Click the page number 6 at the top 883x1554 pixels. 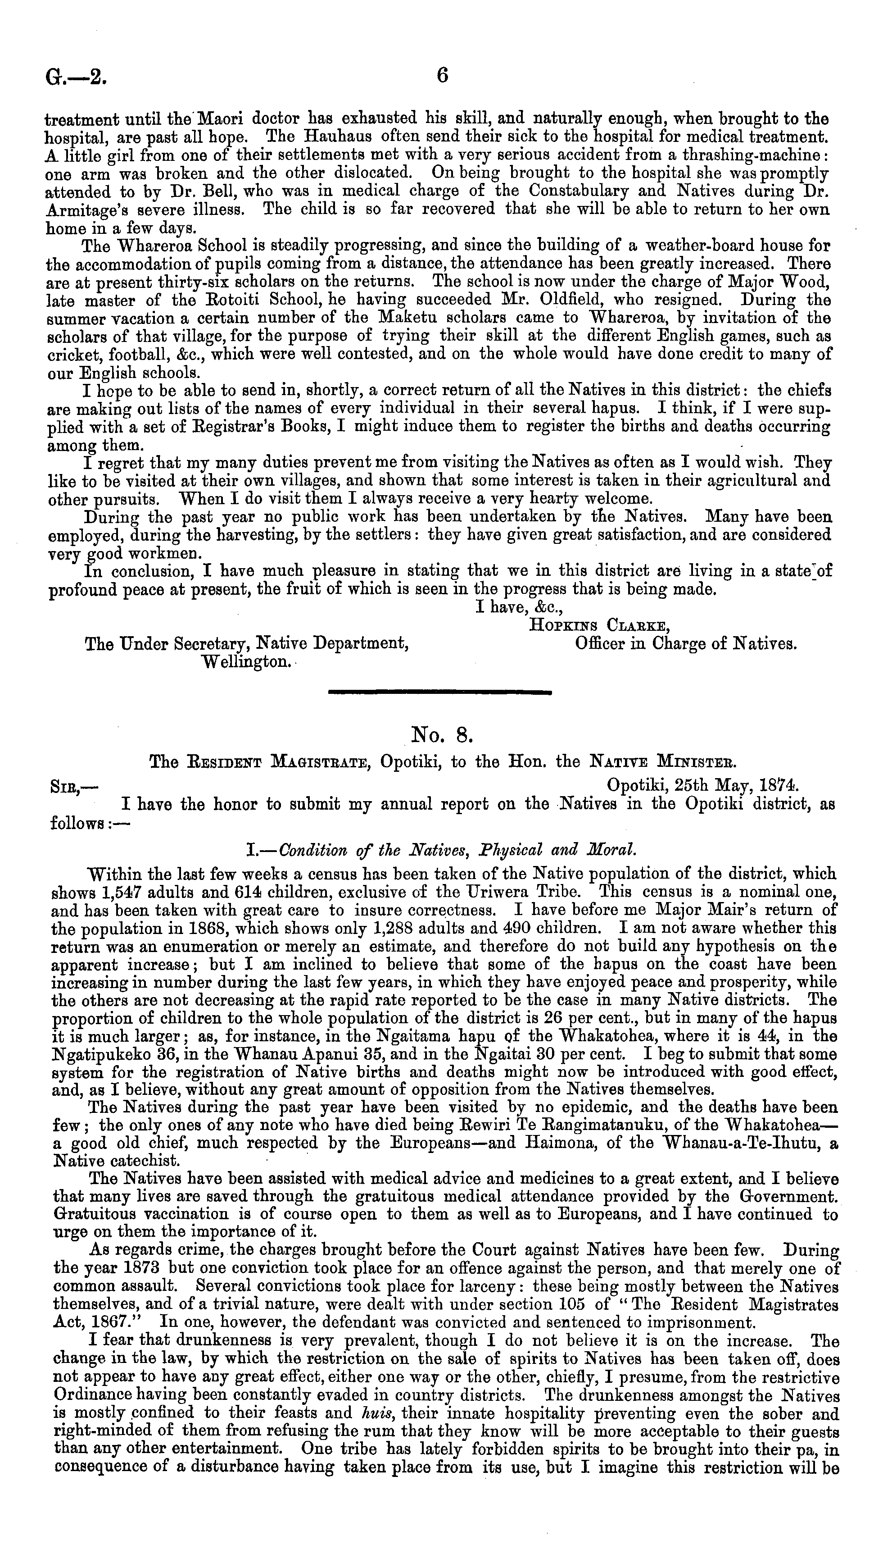coord(442,76)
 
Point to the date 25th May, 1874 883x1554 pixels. coord(703,786)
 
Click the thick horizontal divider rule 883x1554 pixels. coord(439,691)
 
